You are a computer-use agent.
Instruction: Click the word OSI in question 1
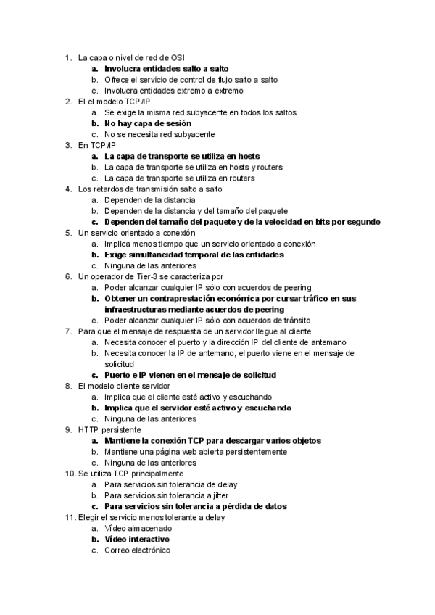coord(175,57)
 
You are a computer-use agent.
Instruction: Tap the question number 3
coord(67,145)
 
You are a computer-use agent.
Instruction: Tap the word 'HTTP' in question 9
coord(90,429)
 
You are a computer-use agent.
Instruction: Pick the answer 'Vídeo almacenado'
coord(137,529)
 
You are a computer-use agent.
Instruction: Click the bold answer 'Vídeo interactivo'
coord(137,540)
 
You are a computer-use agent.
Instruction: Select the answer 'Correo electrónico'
coord(137,550)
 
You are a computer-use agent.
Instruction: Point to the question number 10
coord(69,473)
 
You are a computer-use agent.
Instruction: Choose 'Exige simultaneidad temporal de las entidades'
coord(194,255)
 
